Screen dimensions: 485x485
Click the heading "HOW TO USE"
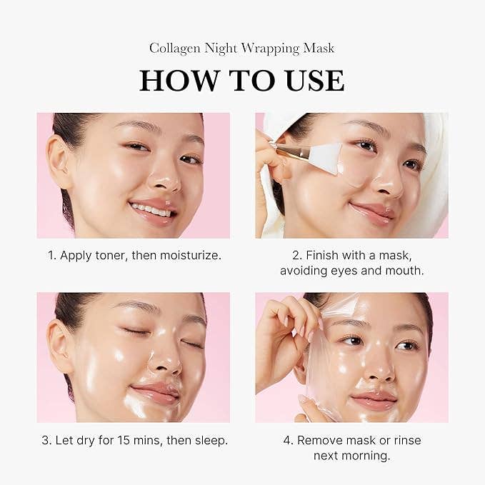pos(242,81)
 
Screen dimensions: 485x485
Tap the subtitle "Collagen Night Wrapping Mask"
pos(242,48)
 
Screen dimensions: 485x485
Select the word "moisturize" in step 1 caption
pos(188,255)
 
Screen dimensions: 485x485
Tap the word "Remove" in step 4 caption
pos(320,440)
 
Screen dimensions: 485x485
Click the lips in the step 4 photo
pos(374,397)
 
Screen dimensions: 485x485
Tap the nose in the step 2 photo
pos(387,184)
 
